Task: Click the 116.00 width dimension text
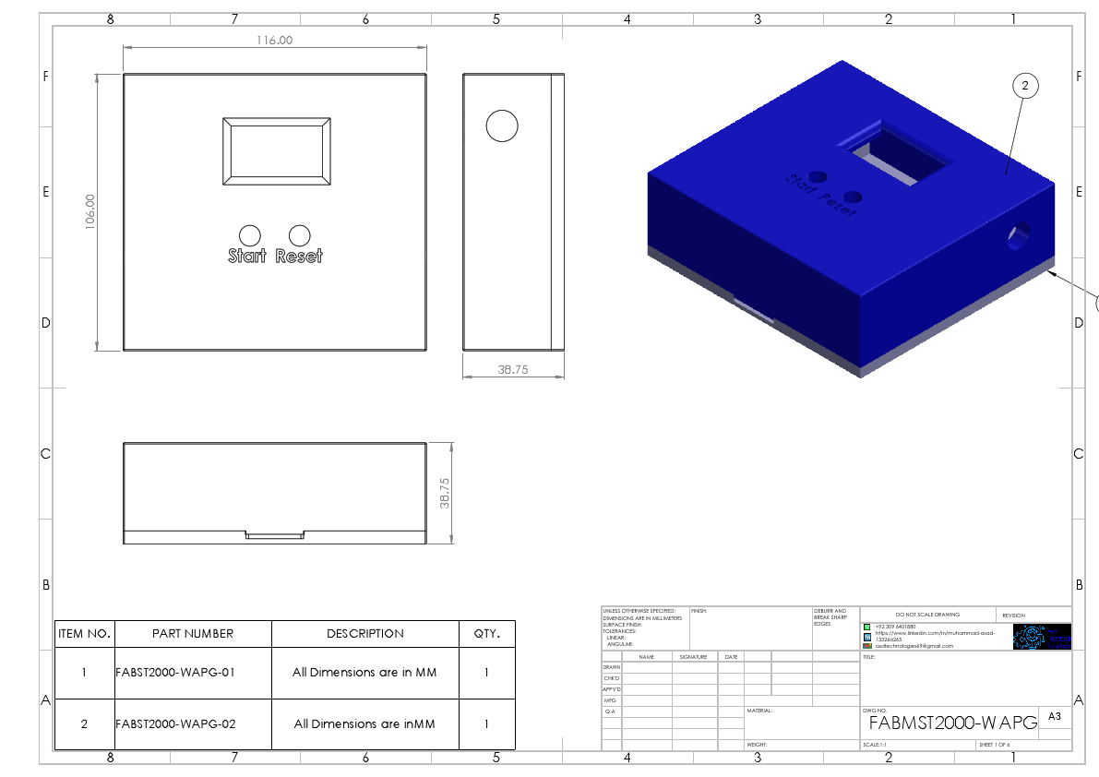point(274,40)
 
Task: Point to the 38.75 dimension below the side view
point(512,368)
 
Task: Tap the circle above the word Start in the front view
point(249,235)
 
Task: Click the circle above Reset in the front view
point(300,235)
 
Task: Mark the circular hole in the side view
point(502,126)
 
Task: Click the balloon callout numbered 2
point(1024,86)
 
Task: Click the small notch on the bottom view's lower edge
point(274,535)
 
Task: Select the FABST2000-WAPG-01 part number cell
point(175,673)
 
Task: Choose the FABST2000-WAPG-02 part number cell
point(175,724)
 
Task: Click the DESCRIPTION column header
point(365,634)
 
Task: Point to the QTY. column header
point(486,634)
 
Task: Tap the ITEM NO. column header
point(84,634)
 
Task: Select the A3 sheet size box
point(1055,715)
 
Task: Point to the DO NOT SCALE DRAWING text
point(927,615)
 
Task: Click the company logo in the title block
point(1042,637)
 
